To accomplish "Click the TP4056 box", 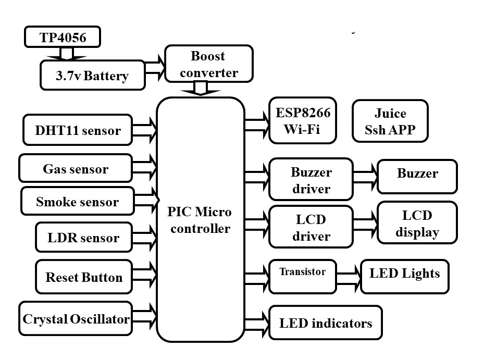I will pyautogui.click(x=63, y=38).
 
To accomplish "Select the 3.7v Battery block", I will pyautogui.click(x=92, y=76).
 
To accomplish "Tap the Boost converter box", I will pyautogui.click(x=208, y=64).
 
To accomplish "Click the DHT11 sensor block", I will pyautogui.click(x=77, y=130).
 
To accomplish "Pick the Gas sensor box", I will pyautogui.click(x=76, y=168).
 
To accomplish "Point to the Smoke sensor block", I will pyautogui.click(x=77, y=202).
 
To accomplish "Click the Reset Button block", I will pyautogui.click(x=84, y=277).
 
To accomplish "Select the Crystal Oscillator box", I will pyautogui.click(x=76, y=318).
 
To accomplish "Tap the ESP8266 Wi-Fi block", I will pyautogui.click(x=303, y=120).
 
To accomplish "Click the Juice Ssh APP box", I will pyautogui.click(x=390, y=121).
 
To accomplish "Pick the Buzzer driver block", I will pyautogui.click(x=311, y=180).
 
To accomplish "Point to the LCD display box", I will pyautogui.click(x=417, y=224).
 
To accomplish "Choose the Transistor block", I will pyautogui.click(x=302, y=276).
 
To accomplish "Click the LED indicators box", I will pyautogui.click(x=325, y=323).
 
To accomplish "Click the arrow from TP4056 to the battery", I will pyautogui.click(x=67, y=54).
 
